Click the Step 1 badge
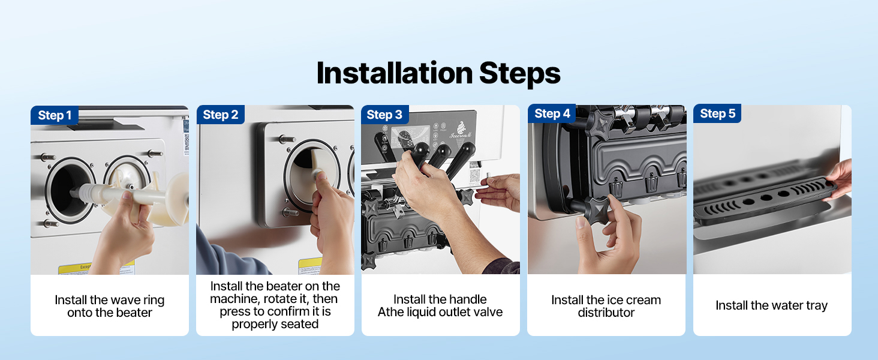(x=55, y=115)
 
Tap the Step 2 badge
(x=220, y=115)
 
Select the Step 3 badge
(x=384, y=115)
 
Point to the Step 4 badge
(x=552, y=113)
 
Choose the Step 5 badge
(x=717, y=113)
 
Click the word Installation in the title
(x=394, y=73)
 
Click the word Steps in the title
(x=520, y=74)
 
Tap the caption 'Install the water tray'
(x=771, y=305)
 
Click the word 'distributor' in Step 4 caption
(x=606, y=313)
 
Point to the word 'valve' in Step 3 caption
(x=488, y=312)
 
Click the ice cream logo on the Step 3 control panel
(x=461, y=129)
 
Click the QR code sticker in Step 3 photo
(x=474, y=176)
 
